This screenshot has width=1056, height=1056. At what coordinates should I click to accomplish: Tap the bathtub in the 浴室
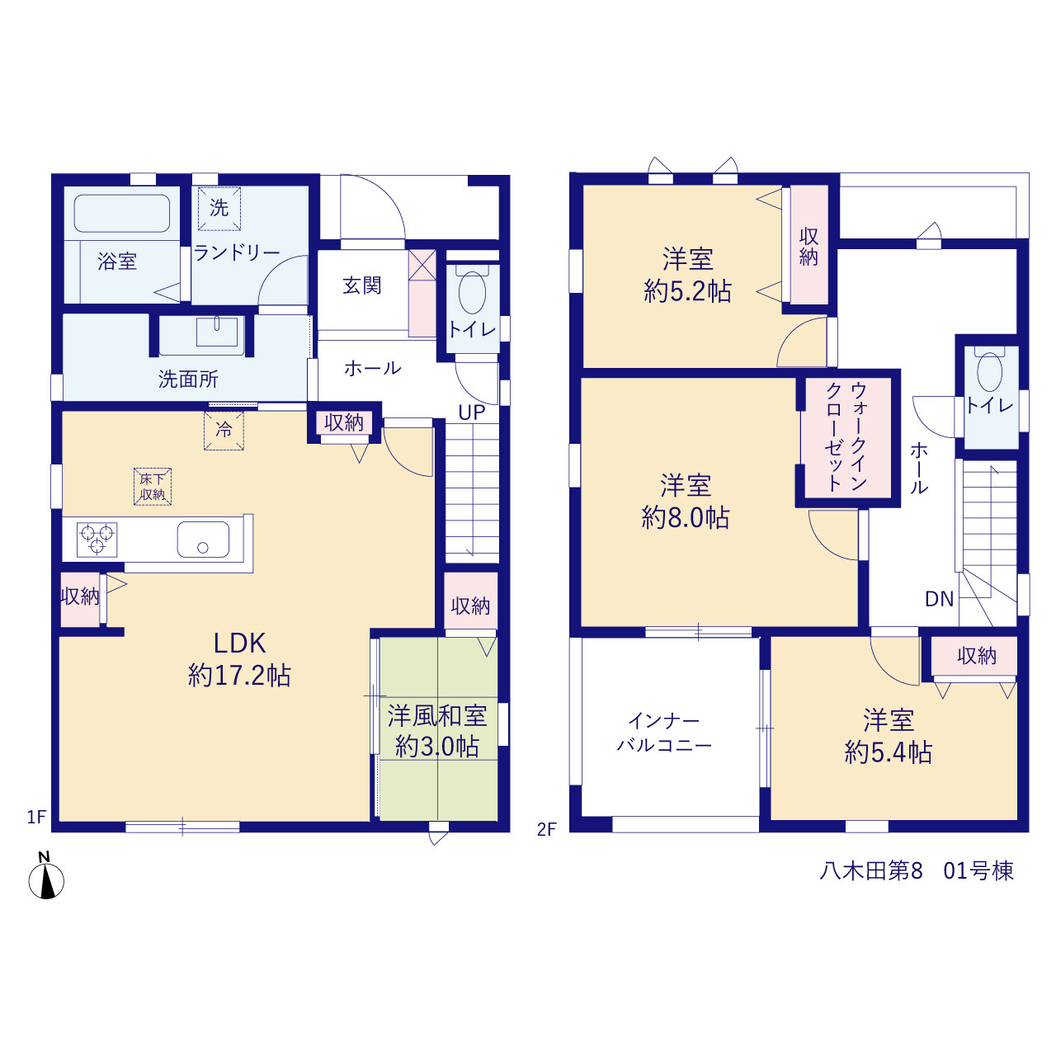(121, 213)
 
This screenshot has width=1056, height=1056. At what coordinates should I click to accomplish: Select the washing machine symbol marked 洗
(219, 208)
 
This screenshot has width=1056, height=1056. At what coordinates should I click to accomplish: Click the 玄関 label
(361, 285)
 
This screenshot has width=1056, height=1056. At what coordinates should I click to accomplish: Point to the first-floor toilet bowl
(472, 291)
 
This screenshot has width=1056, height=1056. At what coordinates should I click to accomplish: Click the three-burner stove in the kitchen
(97, 540)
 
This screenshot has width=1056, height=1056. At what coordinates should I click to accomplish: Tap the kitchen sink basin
(203, 540)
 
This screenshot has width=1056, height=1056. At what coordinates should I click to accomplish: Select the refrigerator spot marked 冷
(224, 431)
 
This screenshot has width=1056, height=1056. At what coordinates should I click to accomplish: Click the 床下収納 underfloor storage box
(153, 487)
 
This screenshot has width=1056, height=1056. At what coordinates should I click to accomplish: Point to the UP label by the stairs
(472, 412)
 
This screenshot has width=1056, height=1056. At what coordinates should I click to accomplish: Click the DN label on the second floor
(940, 599)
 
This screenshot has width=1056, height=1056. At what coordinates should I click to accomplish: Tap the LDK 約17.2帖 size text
(239, 659)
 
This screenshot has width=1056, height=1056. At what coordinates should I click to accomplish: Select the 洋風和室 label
(437, 716)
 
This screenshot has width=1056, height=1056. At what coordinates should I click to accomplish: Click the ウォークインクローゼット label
(846, 436)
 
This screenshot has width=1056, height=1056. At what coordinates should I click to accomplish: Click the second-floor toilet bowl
(990, 371)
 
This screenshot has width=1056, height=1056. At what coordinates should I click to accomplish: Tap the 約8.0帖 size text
(686, 518)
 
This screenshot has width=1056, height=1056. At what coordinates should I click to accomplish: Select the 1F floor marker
(37, 817)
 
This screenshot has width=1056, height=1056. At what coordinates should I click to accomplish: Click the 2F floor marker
(547, 829)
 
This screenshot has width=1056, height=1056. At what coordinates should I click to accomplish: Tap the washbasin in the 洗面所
(217, 331)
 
